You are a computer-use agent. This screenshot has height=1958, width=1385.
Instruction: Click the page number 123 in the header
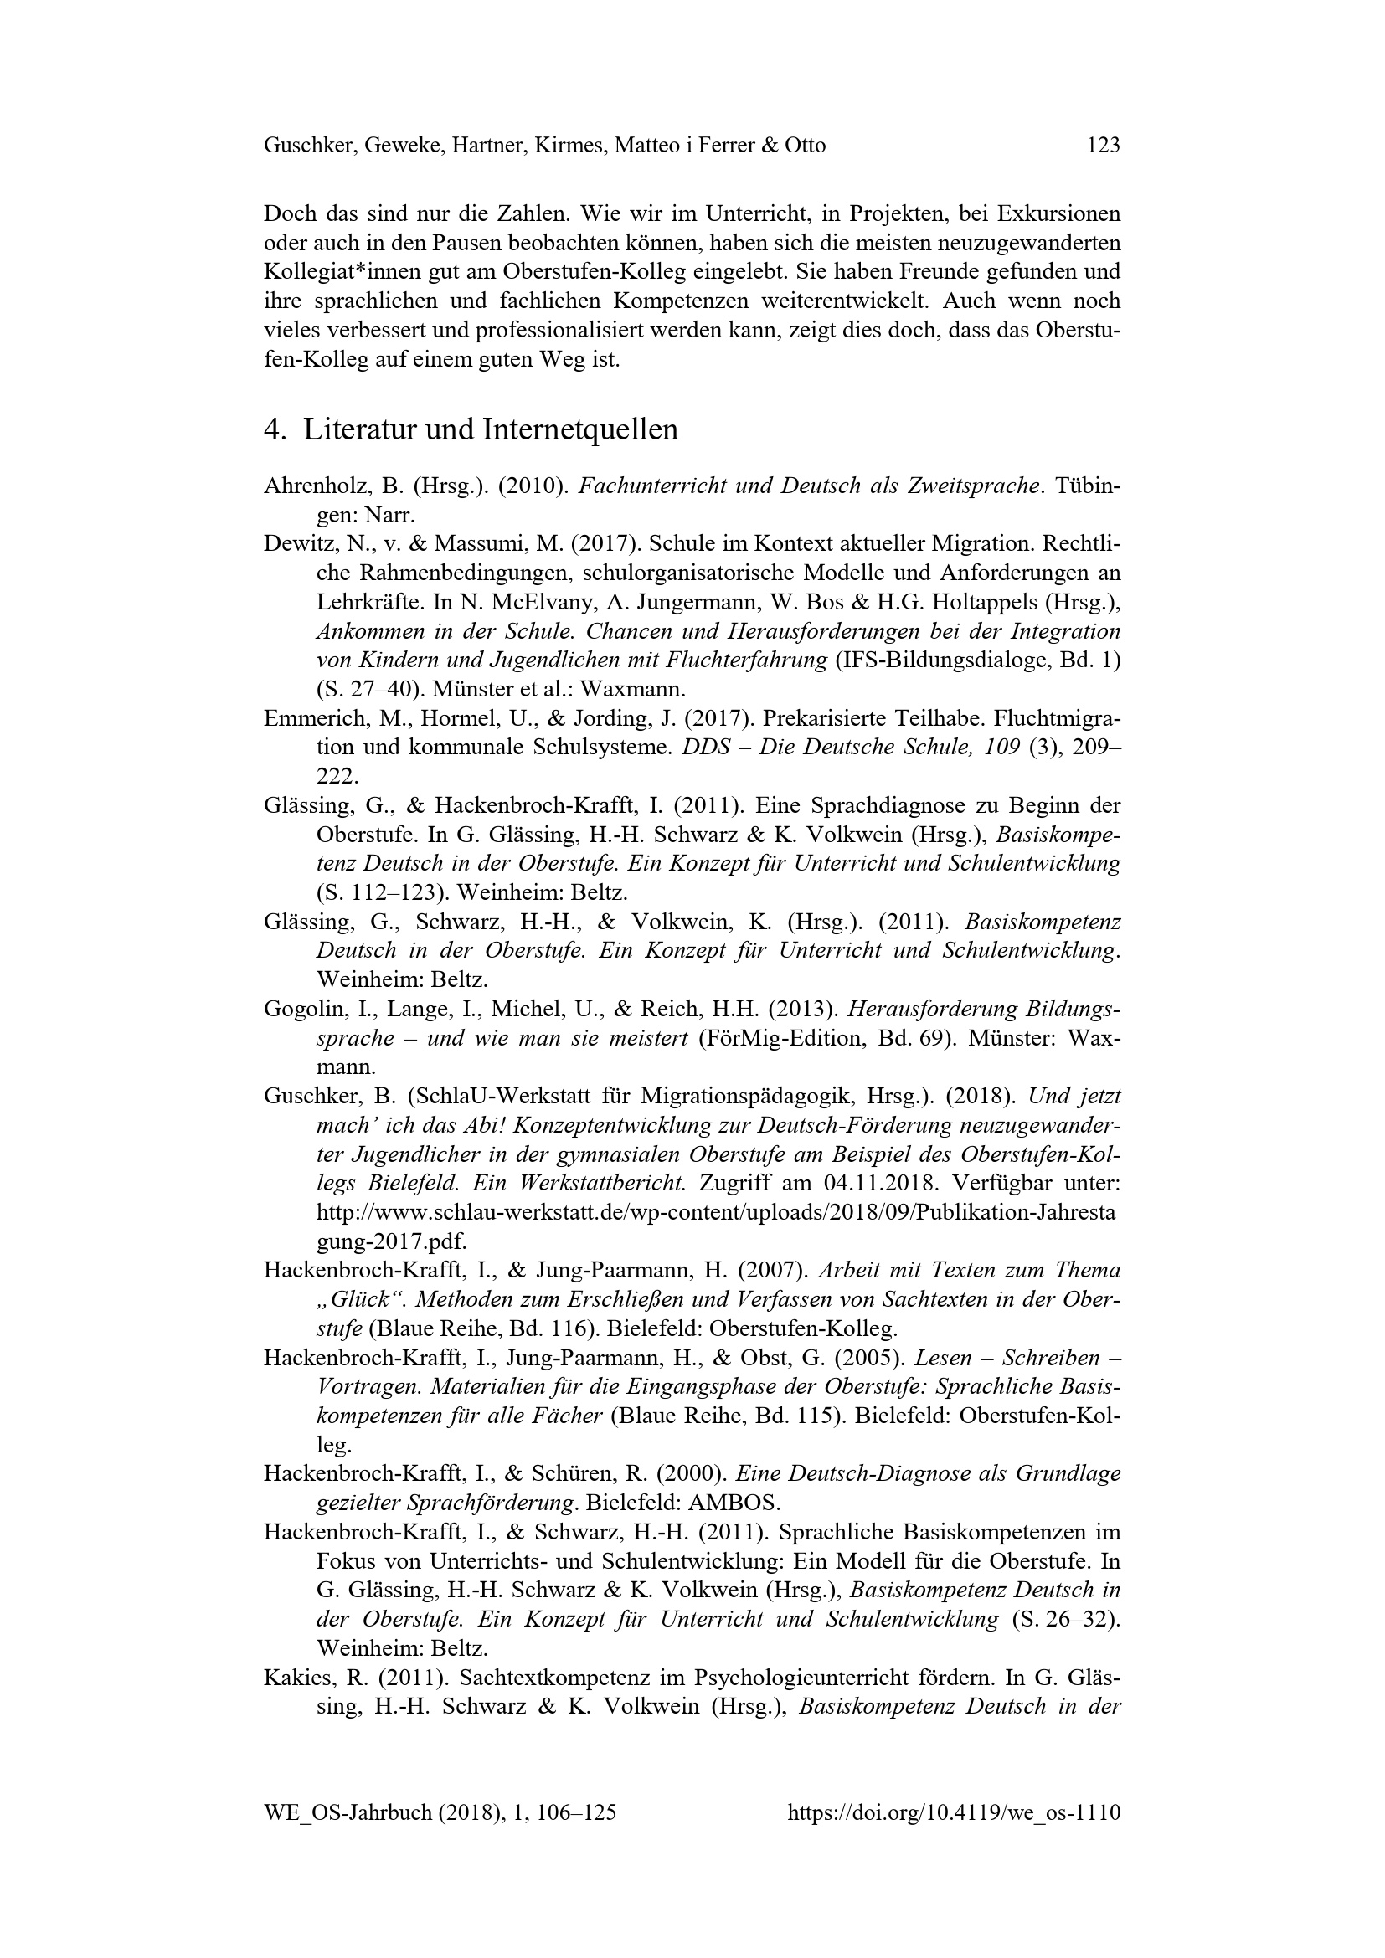click(1103, 146)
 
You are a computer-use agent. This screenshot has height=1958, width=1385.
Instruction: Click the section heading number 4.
click(273, 429)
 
